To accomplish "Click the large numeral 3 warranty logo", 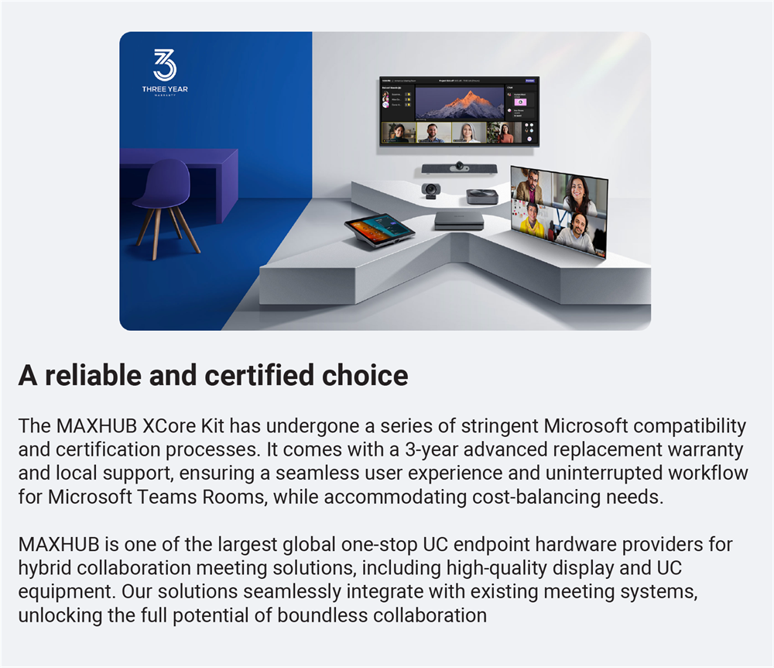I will [x=164, y=64].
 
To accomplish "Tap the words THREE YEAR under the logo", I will [x=164, y=89].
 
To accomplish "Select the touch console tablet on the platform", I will [x=378, y=228].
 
